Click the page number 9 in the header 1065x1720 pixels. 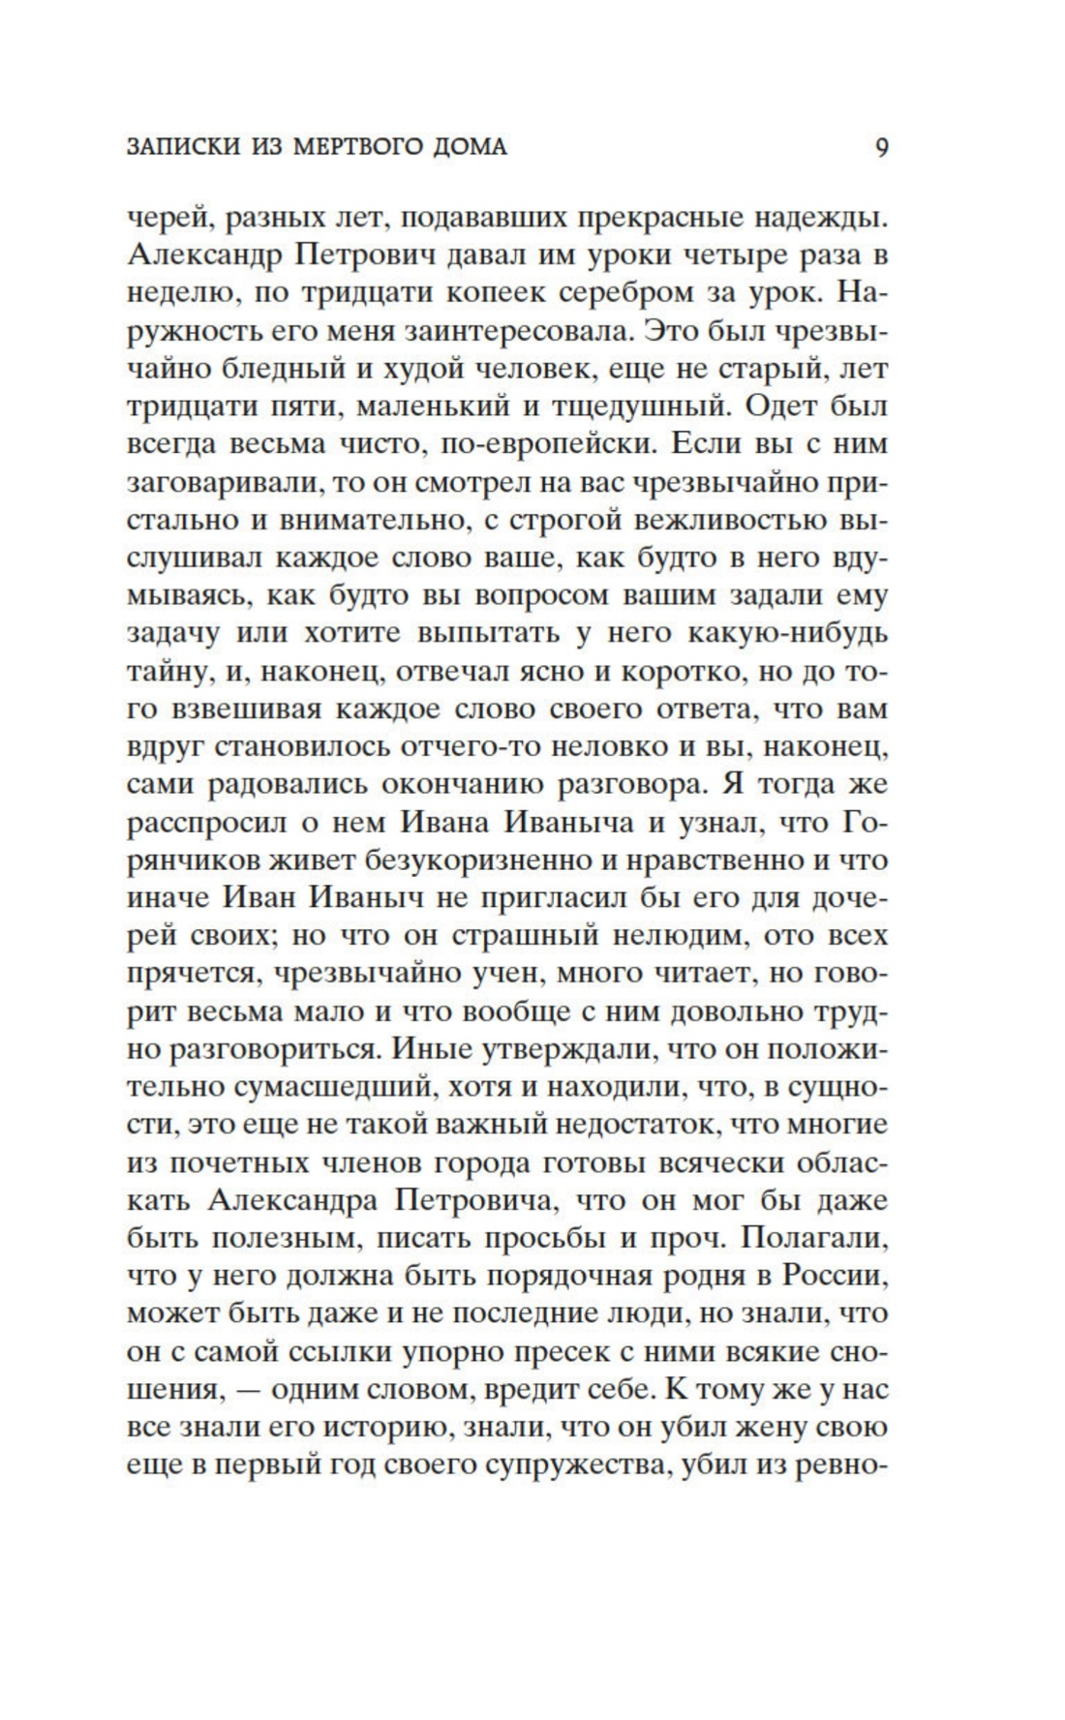881,148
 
